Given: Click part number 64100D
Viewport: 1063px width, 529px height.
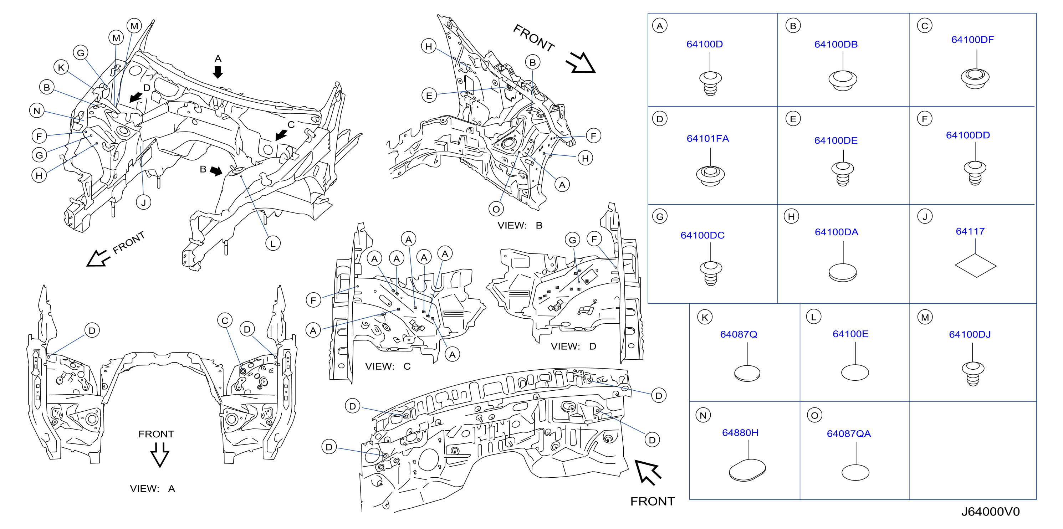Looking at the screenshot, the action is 704,44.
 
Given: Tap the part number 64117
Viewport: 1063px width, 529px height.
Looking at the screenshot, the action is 970,231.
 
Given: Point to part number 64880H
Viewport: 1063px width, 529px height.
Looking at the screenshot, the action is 740,432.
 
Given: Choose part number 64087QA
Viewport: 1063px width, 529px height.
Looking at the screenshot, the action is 848,434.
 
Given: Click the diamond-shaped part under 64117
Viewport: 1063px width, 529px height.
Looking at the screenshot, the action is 976,265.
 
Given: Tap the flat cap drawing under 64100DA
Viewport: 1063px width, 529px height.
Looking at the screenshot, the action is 842,272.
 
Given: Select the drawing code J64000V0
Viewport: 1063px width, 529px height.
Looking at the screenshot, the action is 990,512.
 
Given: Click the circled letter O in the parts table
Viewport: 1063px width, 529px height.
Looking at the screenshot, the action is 814,415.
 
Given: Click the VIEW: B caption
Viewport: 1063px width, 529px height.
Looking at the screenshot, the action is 520,225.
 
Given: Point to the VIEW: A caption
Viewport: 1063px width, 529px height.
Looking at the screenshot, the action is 152,489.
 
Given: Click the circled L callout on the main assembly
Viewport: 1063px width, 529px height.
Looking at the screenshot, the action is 273,243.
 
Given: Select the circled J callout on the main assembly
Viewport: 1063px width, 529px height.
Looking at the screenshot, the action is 143,202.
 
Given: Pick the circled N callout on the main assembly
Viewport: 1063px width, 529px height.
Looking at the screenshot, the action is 37,111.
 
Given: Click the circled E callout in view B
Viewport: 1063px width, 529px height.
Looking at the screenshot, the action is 429,95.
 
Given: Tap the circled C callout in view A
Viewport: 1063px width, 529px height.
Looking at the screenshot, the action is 225,320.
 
